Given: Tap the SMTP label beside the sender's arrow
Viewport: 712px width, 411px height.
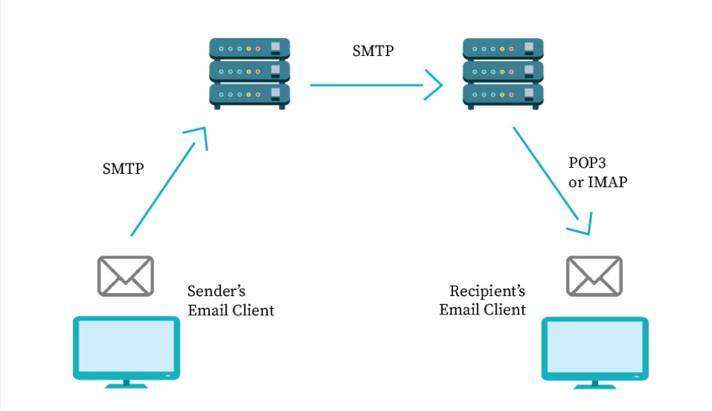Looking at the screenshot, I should coord(123,169).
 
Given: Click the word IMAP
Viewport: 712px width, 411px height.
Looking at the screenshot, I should coord(607,182).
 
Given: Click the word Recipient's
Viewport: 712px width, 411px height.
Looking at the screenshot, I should coord(486,290).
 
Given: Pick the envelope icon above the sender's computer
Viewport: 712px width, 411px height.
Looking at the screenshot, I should coord(126,275).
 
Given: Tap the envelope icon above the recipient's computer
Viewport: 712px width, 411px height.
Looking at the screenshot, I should coord(594,275).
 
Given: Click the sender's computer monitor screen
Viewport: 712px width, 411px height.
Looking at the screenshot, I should coord(126,346).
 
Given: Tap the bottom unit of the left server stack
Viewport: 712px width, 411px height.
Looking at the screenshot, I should coord(249,94).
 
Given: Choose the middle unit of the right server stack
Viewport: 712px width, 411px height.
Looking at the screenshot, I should coord(503,71).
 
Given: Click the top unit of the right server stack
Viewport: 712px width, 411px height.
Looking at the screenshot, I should coord(503,49).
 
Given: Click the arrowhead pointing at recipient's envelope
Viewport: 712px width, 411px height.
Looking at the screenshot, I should coord(583,225).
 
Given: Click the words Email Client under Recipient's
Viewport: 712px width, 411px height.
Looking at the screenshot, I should coord(483,309).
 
